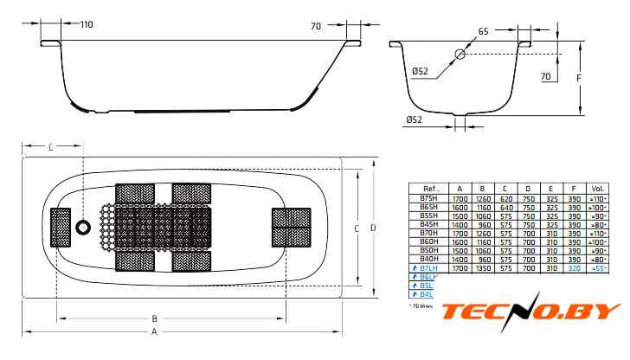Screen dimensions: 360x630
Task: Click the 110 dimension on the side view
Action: click(86, 24)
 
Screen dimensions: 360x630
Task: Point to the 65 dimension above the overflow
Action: click(482, 31)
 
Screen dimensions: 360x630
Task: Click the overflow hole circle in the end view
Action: click(460, 54)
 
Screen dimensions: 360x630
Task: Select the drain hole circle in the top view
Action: click(84, 228)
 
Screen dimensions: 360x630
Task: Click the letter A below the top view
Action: click(155, 332)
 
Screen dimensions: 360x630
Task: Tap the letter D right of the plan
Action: click(373, 228)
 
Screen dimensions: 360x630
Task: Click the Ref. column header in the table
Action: click(430, 188)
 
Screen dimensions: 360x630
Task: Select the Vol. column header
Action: click(597, 188)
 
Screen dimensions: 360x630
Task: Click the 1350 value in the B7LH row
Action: click(482, 268)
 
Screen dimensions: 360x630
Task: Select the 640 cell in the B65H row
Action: click(505, 208)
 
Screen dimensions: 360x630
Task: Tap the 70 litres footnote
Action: click(422, 306)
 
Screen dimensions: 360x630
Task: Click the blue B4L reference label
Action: click(426, 295)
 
